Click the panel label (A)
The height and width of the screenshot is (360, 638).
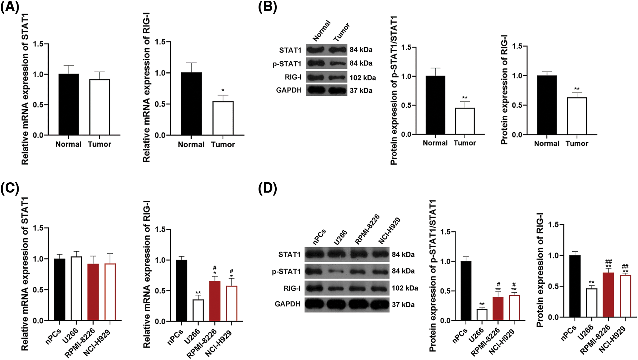click(10, 7)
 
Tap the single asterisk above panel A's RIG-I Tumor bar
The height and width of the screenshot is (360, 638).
click(223, 90)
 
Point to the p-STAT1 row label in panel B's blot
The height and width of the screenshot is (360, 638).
click(287, 64)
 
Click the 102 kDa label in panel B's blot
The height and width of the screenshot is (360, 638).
click(363, 78)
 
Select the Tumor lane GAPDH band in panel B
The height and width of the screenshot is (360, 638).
click(337, 90)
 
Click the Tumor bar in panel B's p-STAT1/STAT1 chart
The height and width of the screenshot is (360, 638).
click(465, 121)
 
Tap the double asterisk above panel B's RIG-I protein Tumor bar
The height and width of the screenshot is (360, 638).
click(577, 89)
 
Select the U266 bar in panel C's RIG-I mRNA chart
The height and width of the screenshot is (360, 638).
click(198, 310)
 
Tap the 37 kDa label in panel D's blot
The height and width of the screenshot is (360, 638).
click(403, 305)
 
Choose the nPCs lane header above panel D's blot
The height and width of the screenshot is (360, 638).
click(319, 237)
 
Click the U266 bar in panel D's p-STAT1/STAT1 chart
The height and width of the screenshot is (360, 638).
click(482, 315)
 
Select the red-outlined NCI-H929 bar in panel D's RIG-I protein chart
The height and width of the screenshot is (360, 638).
click(625, 296)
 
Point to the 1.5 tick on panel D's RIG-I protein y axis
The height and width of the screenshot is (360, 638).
click(554, 225)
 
